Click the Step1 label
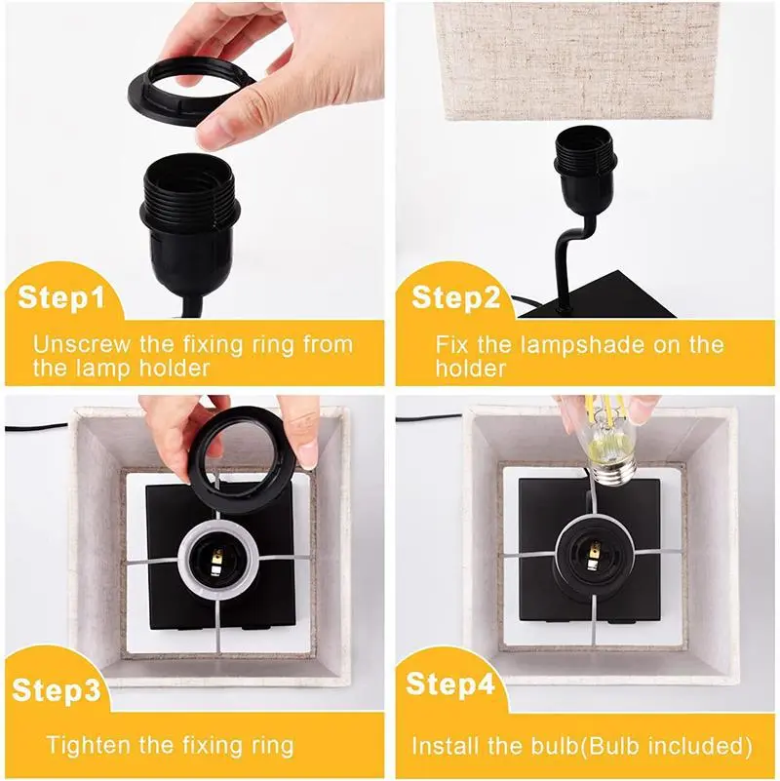[x=61, y=297]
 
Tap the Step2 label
[x=455, y=297]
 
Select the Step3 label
[x=57, y=690]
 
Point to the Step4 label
[x=450, y=683]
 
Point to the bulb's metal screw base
[x=613, y=471]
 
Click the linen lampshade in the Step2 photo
[x=577, y=59]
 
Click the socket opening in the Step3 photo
[x=217, y=559]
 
